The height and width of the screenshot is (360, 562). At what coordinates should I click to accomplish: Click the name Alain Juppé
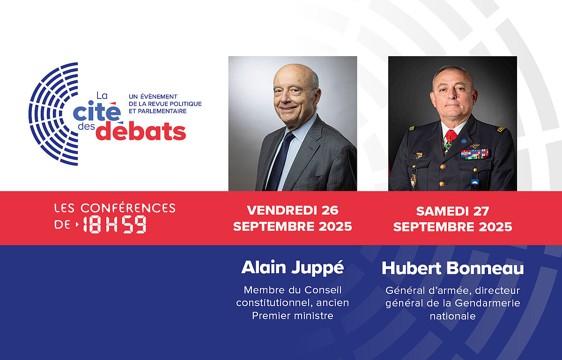tap(292, 268)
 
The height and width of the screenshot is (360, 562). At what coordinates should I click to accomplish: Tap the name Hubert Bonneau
tap(452, 268)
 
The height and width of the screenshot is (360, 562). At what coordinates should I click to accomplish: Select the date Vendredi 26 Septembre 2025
tap(292, 218)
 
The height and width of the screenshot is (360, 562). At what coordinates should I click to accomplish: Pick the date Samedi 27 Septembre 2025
tap(452, 218)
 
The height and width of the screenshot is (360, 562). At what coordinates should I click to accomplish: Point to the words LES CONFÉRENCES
tap(115, 208)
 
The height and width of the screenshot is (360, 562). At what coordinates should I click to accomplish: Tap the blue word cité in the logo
tap(97, 112)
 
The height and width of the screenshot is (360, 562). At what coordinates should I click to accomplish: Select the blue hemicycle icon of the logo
tap(52, 114)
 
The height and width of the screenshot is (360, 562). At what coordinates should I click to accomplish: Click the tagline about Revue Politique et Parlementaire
tap(165, 104)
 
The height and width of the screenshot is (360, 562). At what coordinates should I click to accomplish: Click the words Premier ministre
tap(293, 315)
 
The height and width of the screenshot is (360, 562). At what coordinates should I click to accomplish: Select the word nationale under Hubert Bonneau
tap(452, 316)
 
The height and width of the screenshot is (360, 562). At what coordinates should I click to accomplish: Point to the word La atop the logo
tap(102, 96)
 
